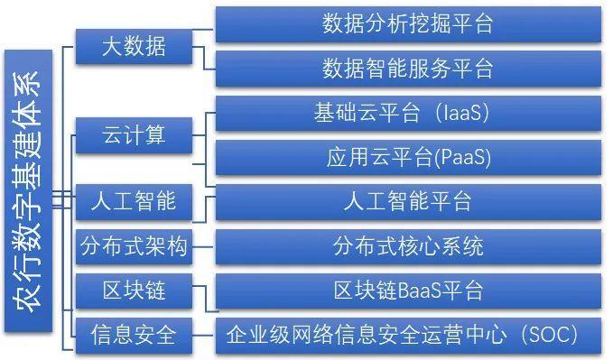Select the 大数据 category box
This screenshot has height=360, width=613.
(x=134, y=46)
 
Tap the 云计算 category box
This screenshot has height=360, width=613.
(x=134, y=136)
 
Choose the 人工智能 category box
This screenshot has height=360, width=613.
(x=134, y=200)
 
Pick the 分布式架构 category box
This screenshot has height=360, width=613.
(x=134, y=245)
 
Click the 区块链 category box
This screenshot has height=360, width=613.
(x=134, y=291)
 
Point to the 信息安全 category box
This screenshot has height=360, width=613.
(x=134, y=336)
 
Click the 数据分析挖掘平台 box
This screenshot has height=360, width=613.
(x=407, y=24)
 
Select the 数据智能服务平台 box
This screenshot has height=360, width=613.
(x=407, y=69)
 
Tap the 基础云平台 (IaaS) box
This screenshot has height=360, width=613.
(x=407, y=114)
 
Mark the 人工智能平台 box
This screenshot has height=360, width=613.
(x=407, y=200)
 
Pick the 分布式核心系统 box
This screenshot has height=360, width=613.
(x=407, y=245)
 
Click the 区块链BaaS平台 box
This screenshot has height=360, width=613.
(x=407, y=291)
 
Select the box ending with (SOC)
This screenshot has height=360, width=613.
(x=407, y=336)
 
